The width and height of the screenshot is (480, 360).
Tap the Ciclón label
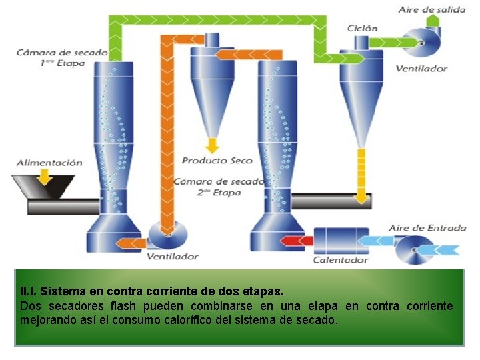(x=362, y=28)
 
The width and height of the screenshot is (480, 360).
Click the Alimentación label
(x=49, y=163)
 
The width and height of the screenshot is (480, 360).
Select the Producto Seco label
(x=217, y=161)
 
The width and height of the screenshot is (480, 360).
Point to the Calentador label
(x=341, y=260)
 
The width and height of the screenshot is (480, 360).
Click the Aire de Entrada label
(x=427, y=228)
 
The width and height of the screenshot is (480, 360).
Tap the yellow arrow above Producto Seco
(x=212, y=145)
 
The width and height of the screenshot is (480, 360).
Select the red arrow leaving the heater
(x=293, y=239)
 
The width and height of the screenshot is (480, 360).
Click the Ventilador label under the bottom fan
(x=173, y=256)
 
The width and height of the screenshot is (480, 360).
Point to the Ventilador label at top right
(x=421, y=69)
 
